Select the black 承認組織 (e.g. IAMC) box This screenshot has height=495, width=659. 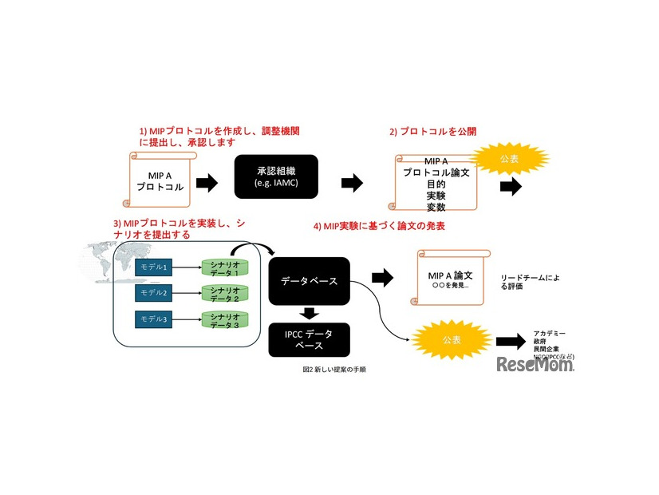pyautogui.click(x=276, y=177)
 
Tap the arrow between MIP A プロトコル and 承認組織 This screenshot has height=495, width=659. pyautogui.click(x=207, y=184)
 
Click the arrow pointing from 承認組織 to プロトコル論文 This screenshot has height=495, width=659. pyautogui.click(x=352, y=184)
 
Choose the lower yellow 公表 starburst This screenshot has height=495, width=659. pyautogui.click(x=451, y=339)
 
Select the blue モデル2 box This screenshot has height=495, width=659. pyautogui.click(x=153, y=293)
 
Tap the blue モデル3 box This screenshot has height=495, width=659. pyautogui.click(x=153, y=319)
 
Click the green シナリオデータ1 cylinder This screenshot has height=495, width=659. pyautogui.click(x=225, y=268)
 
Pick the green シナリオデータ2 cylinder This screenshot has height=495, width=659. pyautogui.click(x=225, y=294)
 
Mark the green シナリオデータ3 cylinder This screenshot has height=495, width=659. pyautogui.click(x=225, y=320)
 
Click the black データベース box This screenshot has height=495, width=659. pyautogui.click(x=309, y=280)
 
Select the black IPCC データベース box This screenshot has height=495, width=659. pyautogui.click(x=309, y=339)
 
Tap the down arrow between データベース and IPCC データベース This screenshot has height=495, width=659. pyautogui.click(x=309, y=312)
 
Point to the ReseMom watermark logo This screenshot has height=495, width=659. pyautogui.click(x=535, y=365)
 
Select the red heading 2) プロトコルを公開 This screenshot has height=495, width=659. pyautogui.click(x=433, y=131)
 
